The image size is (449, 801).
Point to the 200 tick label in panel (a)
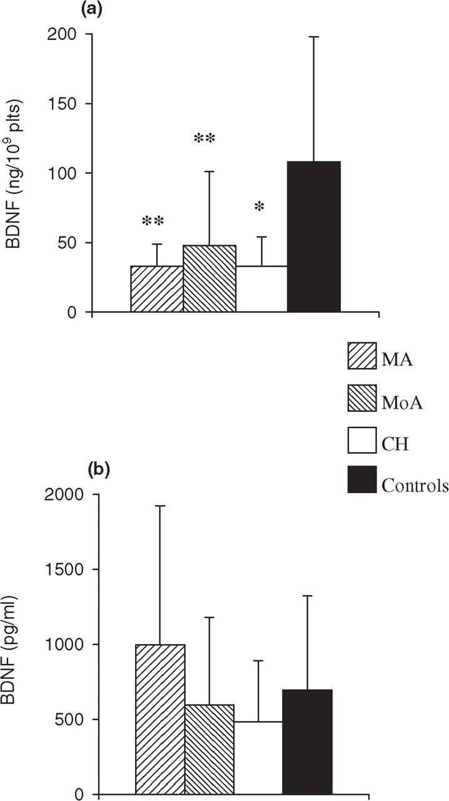[x=61, y=34]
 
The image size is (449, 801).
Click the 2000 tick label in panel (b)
[x=64, y=494]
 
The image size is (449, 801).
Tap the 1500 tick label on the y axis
[x=64, y=569]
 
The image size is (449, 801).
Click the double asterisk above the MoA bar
[x=204, y=140]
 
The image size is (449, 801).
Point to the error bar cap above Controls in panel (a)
[x=314, y=37]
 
